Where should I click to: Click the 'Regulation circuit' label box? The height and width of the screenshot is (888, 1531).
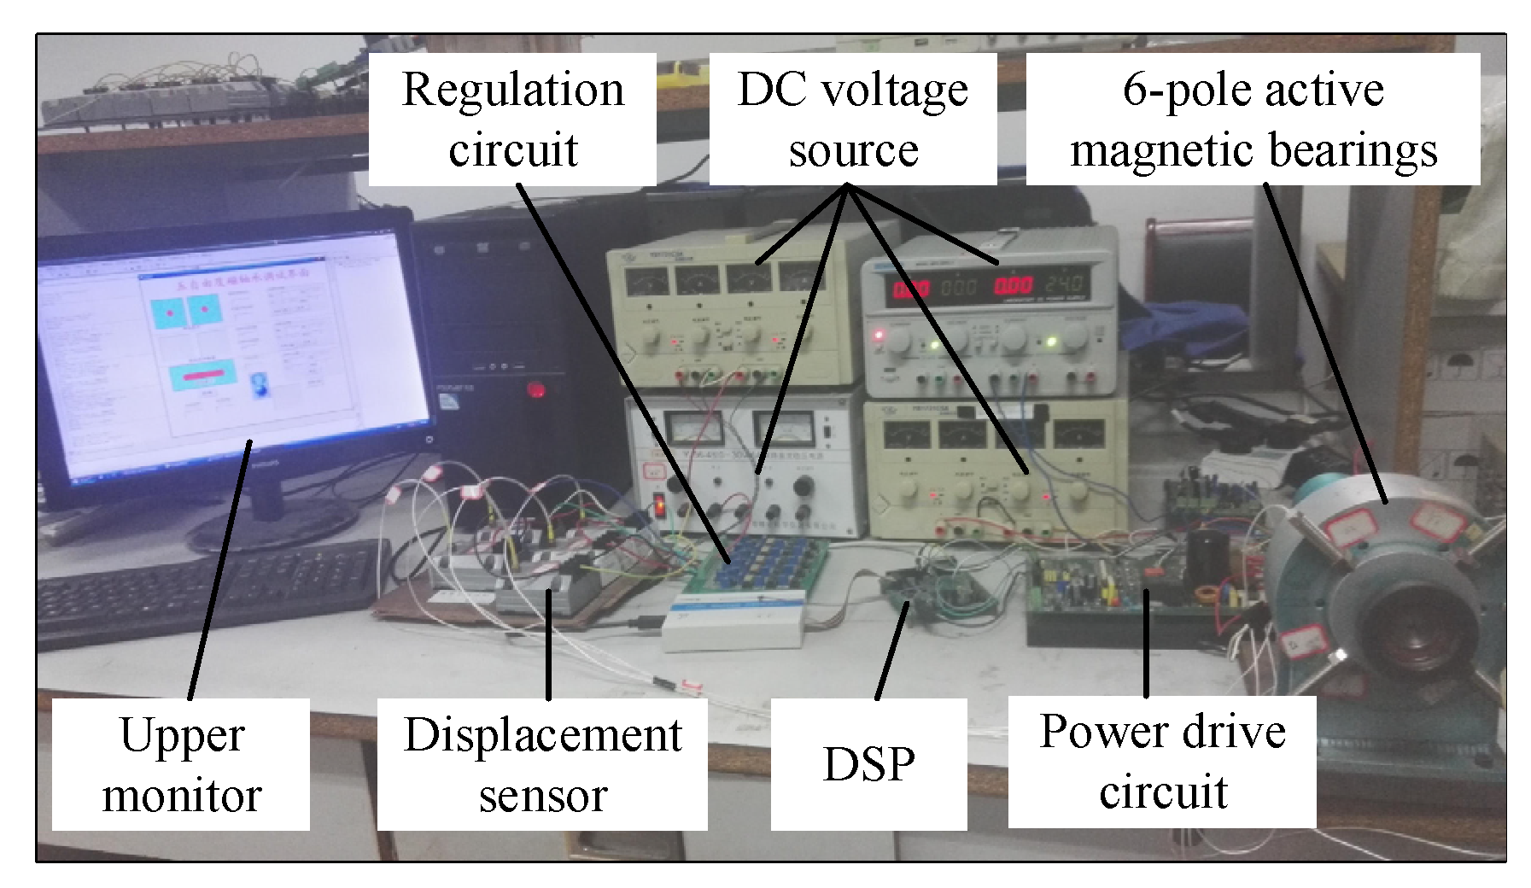click(x=512, y=120)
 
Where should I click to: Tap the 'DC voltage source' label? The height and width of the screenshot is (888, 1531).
click(x=852, y=120)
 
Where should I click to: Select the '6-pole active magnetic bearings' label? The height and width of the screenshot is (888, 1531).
click(x=1253, y=120)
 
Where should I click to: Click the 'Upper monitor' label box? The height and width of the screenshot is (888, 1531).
click(x=181, y=764)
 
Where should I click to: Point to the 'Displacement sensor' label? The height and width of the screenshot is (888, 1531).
click(x=542, y=764)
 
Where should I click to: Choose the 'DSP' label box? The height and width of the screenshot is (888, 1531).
click(x=868, y=764)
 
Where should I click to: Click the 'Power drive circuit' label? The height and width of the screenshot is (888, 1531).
click(x=1162, y=762)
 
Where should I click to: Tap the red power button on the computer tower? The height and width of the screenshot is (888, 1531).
click(x=536, y=390)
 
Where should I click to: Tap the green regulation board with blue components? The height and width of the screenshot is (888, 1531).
click(x=760, y=564)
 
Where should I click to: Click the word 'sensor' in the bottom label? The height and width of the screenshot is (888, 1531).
click(x=542, y=796)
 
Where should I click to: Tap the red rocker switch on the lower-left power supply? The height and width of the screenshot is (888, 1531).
click(x=660, y=505)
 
